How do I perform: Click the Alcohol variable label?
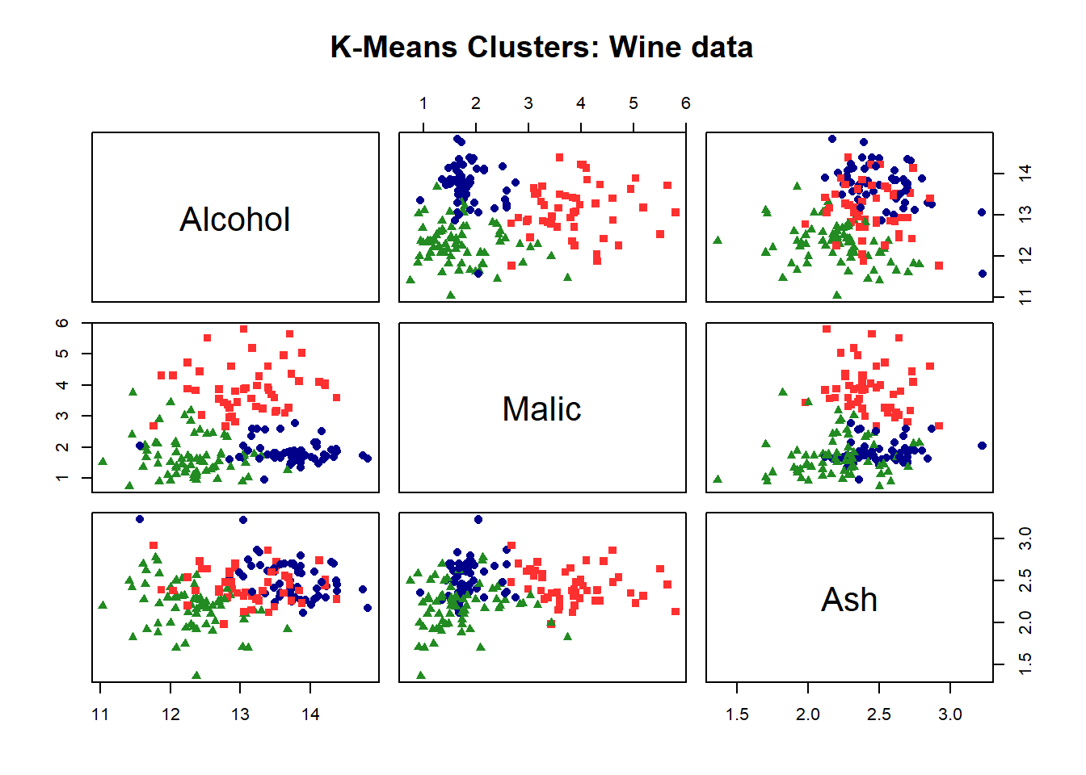235,220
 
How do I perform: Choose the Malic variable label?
542,409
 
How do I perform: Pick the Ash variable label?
849,600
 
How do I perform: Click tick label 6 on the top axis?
685,103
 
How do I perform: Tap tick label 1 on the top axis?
423,103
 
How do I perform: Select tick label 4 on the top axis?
580,103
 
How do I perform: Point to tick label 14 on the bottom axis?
310,714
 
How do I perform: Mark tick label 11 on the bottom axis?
100,714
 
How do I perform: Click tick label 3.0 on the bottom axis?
950,714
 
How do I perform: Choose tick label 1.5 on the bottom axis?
737,714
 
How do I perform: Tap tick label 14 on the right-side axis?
1025,173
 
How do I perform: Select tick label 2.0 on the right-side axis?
1025,622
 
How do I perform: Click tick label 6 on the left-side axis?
62,323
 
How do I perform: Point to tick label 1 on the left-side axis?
62,478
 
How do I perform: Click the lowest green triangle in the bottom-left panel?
196,675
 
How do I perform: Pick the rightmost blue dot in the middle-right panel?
983,446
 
